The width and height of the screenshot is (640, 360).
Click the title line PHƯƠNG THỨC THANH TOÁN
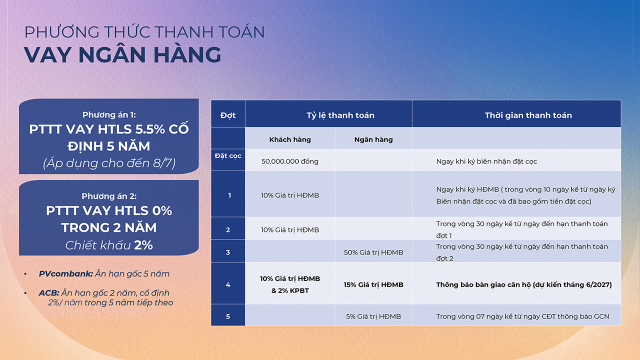tap(144, 31)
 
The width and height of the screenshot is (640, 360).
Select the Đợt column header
tap(227, 115)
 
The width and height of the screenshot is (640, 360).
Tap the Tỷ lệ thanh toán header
tap(340, 115)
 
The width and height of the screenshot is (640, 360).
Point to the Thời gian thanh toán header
tap(528, 115)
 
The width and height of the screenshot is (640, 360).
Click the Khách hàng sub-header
tap(290, 139)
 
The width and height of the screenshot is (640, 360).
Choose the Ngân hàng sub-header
tap(373, 139)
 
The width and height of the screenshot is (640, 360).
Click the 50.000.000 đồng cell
tap(289, 161)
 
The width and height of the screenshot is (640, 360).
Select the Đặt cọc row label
tap(227, 156)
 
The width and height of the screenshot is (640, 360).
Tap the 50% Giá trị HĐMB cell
tap(373, 252)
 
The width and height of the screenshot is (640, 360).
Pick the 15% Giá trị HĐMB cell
tap(373, 285)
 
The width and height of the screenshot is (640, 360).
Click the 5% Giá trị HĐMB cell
tap(373, 316)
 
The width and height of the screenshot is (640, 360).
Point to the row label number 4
tap(228, 285)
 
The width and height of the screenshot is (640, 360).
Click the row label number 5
tap(228, 316)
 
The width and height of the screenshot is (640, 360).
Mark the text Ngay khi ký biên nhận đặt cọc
tap(486, 161)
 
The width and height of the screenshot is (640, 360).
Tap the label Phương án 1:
tap(109, 115)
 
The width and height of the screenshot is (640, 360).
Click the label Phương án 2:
tap(109, 196)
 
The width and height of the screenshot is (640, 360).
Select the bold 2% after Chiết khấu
tap(143, 245)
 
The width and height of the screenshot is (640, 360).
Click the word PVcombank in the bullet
tap(66, 273)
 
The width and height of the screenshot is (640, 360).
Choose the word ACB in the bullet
tap(49, 293)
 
